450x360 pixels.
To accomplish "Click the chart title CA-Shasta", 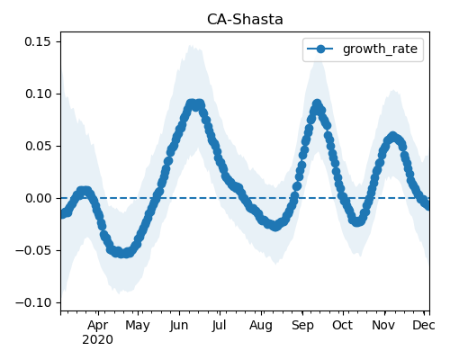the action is (x=245, y=20).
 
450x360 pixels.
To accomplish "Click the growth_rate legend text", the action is (x=380, y=49).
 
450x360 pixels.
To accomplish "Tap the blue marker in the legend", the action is (x=320, y=49).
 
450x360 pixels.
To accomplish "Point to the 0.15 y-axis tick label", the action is (x=38, y=41).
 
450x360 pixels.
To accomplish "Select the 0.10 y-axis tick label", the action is (x=38, y=94).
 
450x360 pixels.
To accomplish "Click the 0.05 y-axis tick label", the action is (x=38, y=146).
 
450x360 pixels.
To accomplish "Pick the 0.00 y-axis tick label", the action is (x=38, y=198).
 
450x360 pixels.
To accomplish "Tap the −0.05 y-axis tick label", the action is (x=33, y=250).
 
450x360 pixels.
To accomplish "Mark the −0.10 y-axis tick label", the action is (x=33, y=302).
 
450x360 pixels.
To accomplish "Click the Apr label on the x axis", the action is (x=98, y=326).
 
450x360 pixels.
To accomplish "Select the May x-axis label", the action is (x=138, y=326).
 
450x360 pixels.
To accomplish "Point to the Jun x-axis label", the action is (x=179, y=326).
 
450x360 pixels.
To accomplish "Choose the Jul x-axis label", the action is (x=220, y=326).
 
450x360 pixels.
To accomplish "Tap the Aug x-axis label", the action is (x=261, y=326).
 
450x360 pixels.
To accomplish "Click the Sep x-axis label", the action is (x=302, y=326).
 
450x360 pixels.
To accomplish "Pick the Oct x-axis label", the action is (x=342, y=326).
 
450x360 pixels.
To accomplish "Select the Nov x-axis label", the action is (x=383, y=326).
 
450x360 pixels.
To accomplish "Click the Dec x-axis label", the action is (x=424, y=326).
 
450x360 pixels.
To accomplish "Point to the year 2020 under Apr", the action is (x=98, y=340).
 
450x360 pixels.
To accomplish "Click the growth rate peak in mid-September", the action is (x=317, y=104).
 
